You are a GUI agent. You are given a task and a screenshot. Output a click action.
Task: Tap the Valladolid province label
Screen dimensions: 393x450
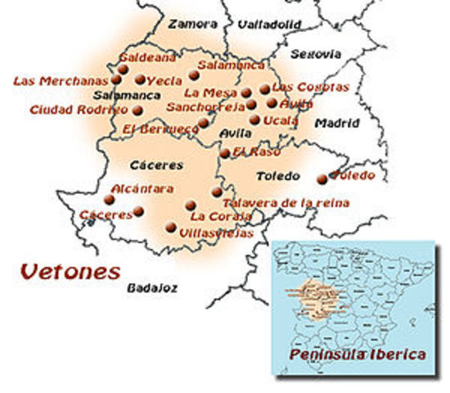pyautogui.click(x=263, y=25)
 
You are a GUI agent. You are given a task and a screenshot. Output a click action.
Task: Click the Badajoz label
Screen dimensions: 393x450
pyautogui.click(x=151, y=287)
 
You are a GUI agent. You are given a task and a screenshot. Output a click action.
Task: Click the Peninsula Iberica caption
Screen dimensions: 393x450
pyautogui.click(x=357, y=355)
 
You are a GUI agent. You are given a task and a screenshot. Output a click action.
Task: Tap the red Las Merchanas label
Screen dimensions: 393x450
pyautogui.click(x=61, y=80)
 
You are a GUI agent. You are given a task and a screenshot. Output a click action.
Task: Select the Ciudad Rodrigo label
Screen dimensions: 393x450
pyautogui.click(x=79, y=110)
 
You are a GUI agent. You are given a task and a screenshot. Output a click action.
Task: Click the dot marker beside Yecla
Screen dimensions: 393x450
pyautogui.click(x=141, y=80)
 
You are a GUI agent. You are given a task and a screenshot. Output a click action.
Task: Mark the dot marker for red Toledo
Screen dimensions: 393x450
pyautogui.click(x=322, y=178)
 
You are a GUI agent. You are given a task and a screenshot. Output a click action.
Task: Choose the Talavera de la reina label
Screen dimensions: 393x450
pyautogui.click(x=286, y=202)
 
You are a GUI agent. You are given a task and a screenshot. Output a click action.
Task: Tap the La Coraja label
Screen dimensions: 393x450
pyautogui.click(x=214, y=217)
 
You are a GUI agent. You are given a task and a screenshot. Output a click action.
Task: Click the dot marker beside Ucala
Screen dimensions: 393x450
pyautogui.click(x=255, y=120)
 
